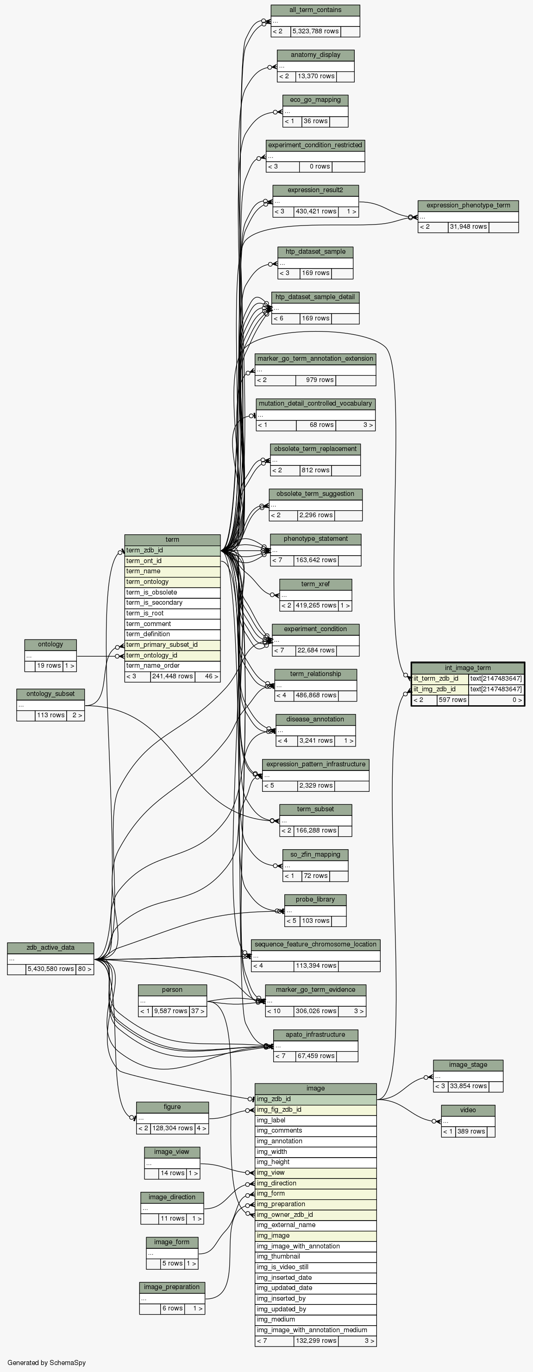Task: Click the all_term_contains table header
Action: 315,10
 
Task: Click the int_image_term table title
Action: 468,668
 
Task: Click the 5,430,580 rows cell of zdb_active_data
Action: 50,969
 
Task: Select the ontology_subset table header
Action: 50,694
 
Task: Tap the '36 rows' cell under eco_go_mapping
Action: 315,121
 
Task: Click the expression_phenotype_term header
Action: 468,206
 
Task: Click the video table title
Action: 468,1110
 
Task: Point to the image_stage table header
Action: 468,1065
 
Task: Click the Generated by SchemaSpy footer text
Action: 46,1363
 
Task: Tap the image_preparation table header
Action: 171,1287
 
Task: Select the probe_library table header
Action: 315,900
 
